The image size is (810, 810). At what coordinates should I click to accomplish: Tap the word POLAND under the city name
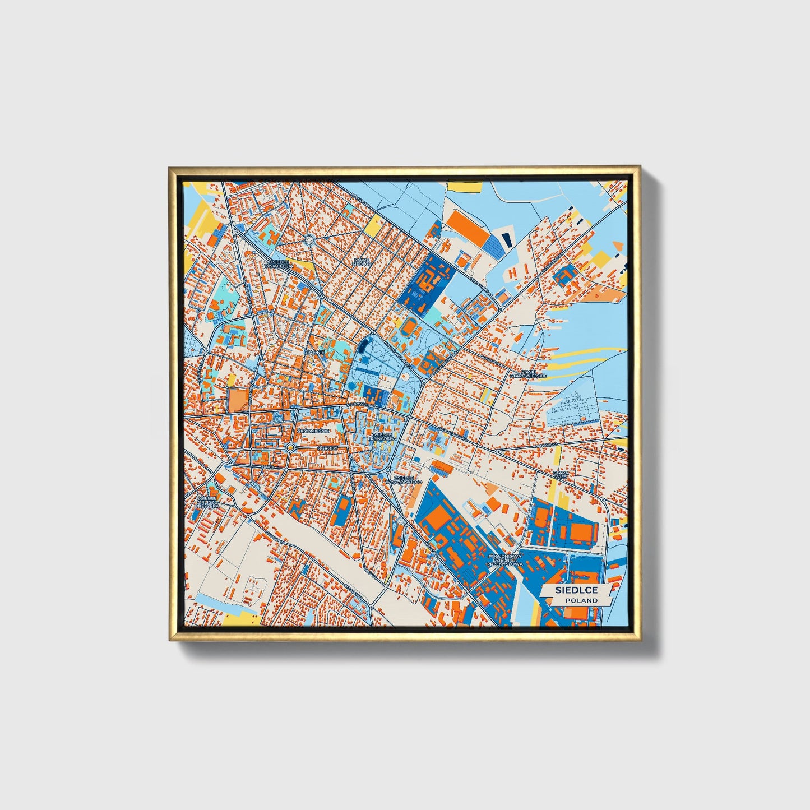tap(581, 600)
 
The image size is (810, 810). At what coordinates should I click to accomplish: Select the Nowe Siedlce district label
tap(362, 262)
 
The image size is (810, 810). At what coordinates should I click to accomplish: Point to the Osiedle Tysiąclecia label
tap(280, 264)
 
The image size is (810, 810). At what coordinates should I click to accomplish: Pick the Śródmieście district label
tap(314, 431)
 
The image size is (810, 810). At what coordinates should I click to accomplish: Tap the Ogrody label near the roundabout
tap(326, 448)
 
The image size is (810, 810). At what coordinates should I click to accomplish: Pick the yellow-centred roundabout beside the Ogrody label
tap(289, 448)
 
